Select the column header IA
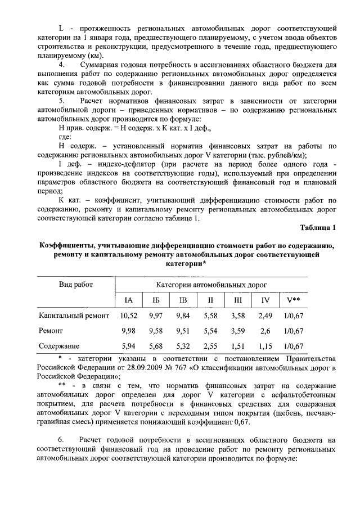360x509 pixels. pos(128,300)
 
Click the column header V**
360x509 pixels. pos(292,300)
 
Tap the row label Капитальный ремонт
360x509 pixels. pos(73,316)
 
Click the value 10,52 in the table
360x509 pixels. pos(129,316)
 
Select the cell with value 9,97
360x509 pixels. pos(155,316)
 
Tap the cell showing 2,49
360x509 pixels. pos(265,316)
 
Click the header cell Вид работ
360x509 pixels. pos(76,285)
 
